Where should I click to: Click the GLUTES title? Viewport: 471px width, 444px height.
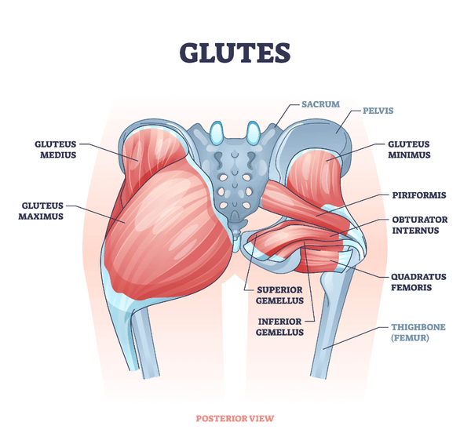pyautogui.click(x=235, y=53)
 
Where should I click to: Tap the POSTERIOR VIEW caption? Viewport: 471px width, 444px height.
pyautogui.click(x=235, y=418)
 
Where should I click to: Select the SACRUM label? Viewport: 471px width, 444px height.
pyautogui.click(x=321, y=104)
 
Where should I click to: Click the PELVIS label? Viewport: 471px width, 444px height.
pyautogui.click(x=378, y=111)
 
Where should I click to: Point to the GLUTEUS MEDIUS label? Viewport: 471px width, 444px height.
pyautogui.click(x=56, y=150)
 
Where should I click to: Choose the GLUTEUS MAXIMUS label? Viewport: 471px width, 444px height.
pyautogui.click(x=41, y=211)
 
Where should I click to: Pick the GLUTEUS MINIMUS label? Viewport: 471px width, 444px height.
pyautogui.click(x=409, y=150)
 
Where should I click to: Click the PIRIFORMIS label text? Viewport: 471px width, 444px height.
pyautogui.click(x=419, y=195)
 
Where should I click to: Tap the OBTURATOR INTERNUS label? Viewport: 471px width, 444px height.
pyautogui.click(x=420, y=225)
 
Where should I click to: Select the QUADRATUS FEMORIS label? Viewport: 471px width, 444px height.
pyautogui.click(x=418, y=282)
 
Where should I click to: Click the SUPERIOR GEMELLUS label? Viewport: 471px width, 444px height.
pyautogui.click(x=280, y=296)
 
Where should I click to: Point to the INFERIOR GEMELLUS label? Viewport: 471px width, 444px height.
pyautogui.click(x=280, y=327)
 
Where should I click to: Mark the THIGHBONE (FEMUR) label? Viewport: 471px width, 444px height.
pyautogui.click(x=418, y=333)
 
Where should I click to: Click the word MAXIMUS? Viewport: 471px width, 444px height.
pyautogui.click(x=41, y=217)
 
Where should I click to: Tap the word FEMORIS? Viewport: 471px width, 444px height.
pyautogui.click(x=411, y=288)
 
